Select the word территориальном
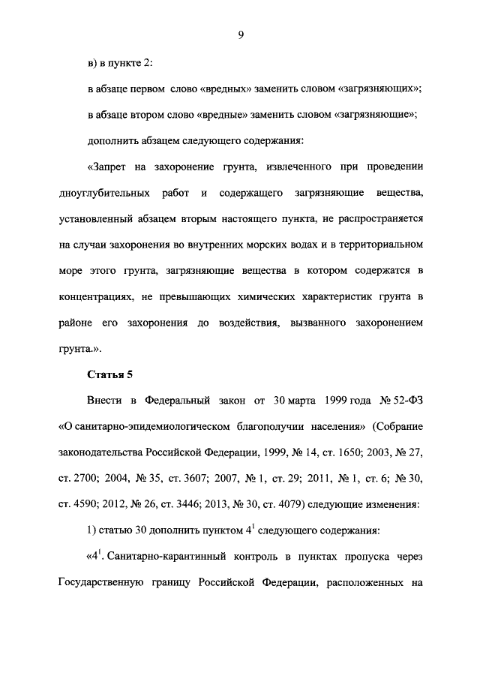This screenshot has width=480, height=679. point(381,245)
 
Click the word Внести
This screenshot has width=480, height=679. point(101,401)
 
